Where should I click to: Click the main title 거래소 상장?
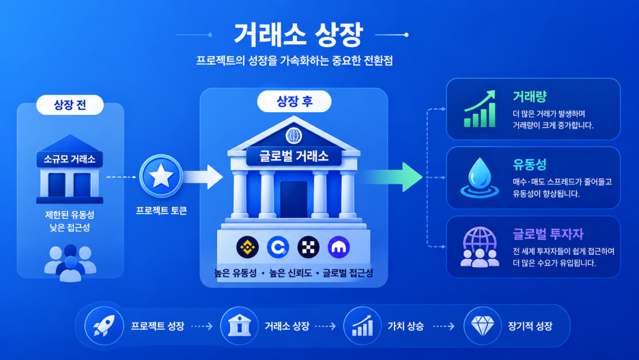[x=298, y=35]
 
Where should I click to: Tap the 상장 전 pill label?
[x=70, y=105]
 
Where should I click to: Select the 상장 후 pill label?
[x=294, y=101]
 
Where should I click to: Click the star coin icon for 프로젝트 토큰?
[x=161, y=176]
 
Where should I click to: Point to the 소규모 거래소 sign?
[x=70, y=159]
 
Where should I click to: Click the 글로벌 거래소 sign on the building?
[x=294, y=156]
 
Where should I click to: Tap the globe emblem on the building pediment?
[x=294, y=135]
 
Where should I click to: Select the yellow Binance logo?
[x=247, y=247]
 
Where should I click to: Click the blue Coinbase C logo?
[x=278, y=247]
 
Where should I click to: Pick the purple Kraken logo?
[x=339, y=247]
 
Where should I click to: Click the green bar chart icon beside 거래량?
[x=480, y=109]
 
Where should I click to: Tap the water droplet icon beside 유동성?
[x=480, y=178]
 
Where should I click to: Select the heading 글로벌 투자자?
[x=548, y=234]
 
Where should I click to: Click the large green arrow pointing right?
[x=392, y=177]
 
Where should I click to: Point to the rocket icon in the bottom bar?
[x=104, y=326]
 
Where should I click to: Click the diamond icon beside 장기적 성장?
[x=483, y=326]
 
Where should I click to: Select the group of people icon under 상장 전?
[x=70, y=263]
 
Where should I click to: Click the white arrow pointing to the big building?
[x=203, y=177]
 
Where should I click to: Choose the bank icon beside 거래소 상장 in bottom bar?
[x=240, y=326]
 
